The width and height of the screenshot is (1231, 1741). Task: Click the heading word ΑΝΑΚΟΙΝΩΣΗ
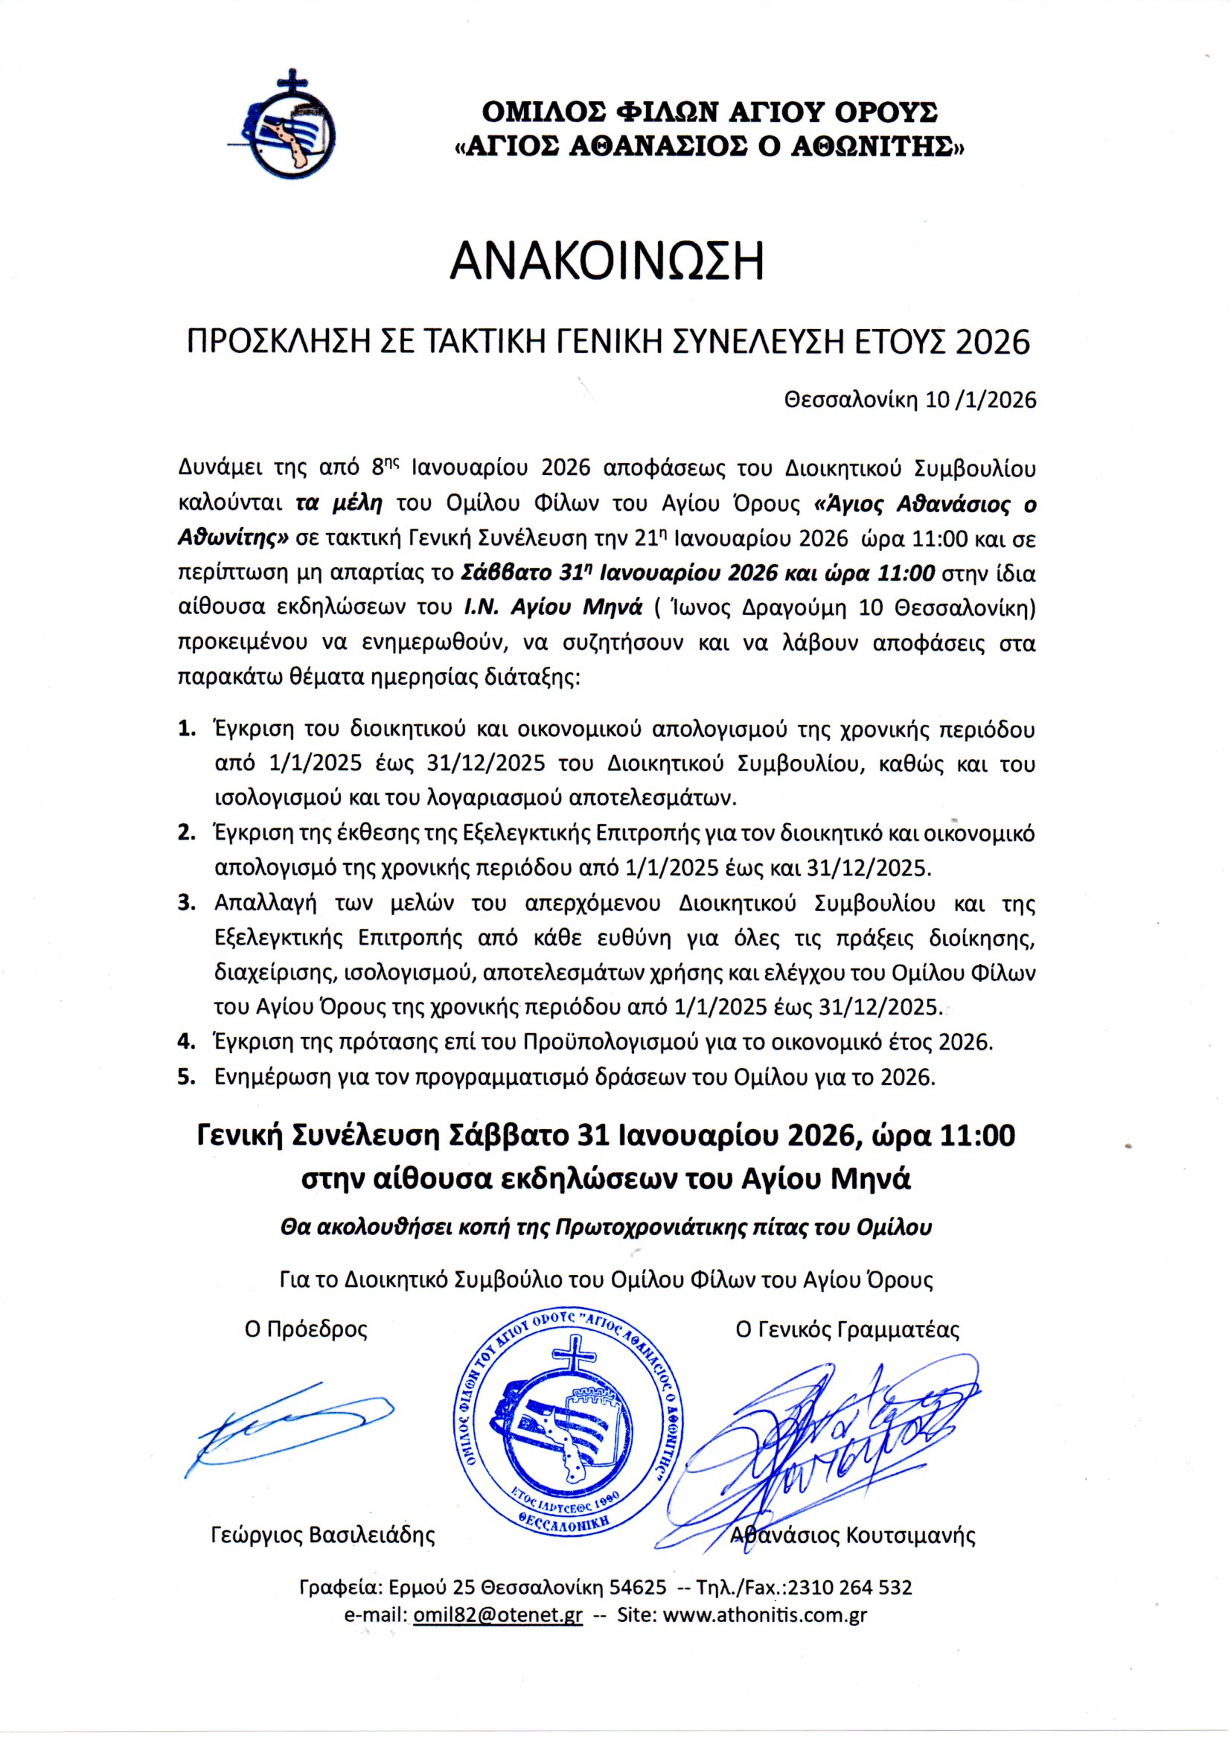607,262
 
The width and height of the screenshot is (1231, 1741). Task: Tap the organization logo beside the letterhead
287,130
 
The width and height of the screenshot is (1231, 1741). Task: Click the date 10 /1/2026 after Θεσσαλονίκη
981,401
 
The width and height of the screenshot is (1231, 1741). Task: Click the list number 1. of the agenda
187,729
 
